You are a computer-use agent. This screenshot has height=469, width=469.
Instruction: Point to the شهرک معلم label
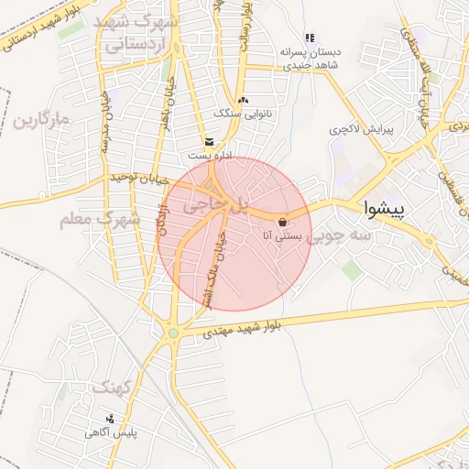click(x=99, y=220)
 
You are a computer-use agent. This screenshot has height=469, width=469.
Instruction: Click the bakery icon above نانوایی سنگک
click(x=243, y=100)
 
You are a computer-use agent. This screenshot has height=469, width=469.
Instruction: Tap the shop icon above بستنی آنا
click(x=282, y=221)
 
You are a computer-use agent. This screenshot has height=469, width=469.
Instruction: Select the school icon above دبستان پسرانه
click(x=310, y=38)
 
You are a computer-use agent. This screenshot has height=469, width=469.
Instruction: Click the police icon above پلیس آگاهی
click(x=111, y=419)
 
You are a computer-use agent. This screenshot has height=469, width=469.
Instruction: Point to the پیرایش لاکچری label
click(x=361, y=130)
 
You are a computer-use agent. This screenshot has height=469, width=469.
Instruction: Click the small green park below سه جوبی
click(x=351, y=268)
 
